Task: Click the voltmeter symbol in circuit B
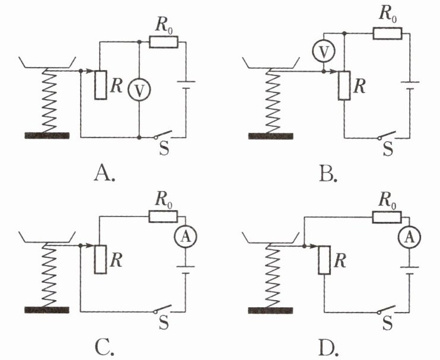322,52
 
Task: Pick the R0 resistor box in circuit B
387,33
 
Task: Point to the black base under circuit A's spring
47,136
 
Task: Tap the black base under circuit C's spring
47,310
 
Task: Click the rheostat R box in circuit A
100,85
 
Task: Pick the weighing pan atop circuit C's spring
47,237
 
